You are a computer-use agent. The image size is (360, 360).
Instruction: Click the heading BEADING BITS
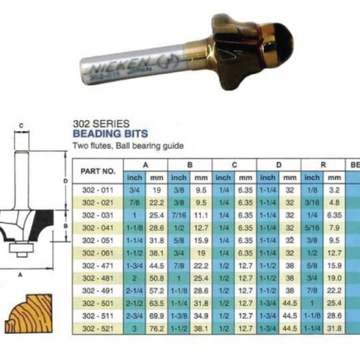[110, 133]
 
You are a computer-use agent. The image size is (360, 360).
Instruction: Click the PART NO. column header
[98, 170]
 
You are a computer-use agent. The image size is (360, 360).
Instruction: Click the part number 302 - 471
[97, 266]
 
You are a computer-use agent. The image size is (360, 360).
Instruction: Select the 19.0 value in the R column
[334, 278]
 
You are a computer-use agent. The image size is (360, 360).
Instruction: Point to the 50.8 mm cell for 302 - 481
[157, 278]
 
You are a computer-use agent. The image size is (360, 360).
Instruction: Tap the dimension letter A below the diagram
[21, 275]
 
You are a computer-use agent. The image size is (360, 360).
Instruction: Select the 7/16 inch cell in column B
[179, 216]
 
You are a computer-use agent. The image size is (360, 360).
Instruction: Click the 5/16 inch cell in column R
[312, 228]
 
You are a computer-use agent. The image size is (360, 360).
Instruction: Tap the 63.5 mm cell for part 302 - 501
[157, 302]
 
